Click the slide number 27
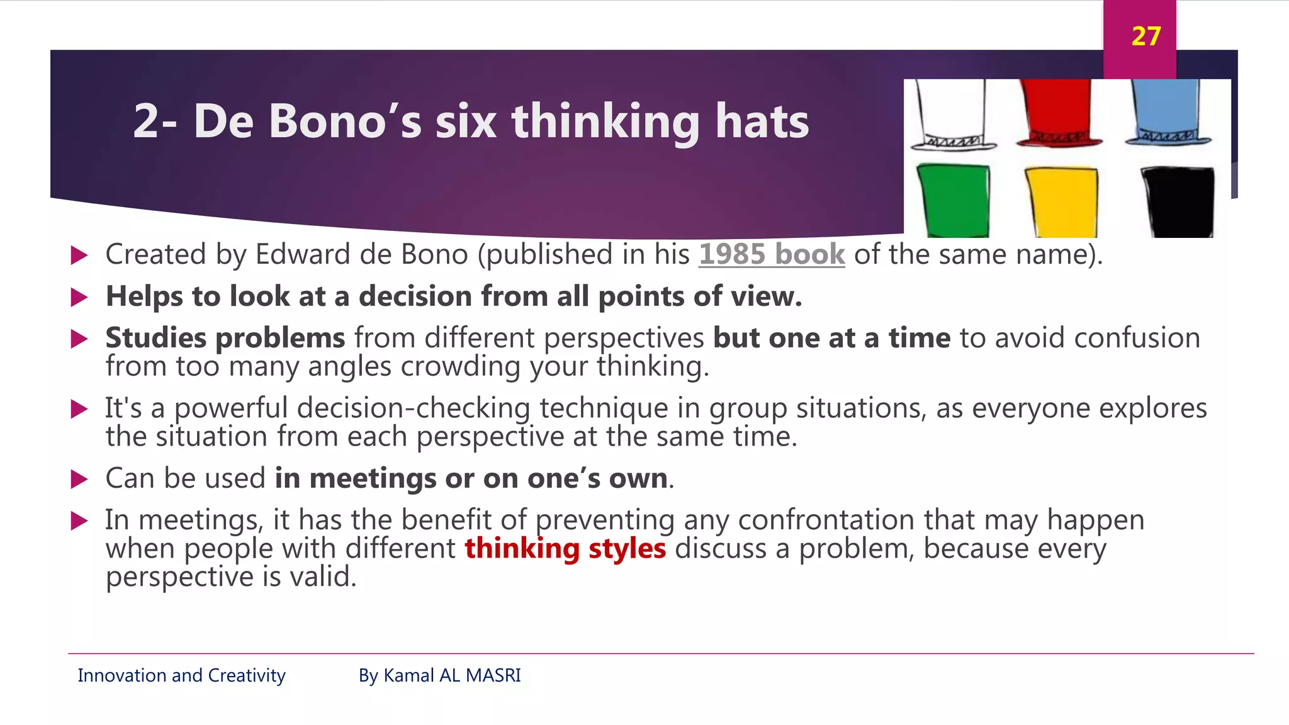tap(1145, 37)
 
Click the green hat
tap(954, 200)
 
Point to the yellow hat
tap(1062, 201)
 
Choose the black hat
tap(1178, 201)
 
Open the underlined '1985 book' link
tap(772, 254)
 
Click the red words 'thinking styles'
tap(565, 548)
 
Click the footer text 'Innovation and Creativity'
tap(181, 675)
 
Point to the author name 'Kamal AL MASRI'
tap(452, 675)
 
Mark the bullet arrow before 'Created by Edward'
tap(79, 256)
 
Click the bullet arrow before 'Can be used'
tap(79, 480)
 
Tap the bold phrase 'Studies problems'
tap(225, 338)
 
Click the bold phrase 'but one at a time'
tap(831, 338)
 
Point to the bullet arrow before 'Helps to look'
tap(79, 297)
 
